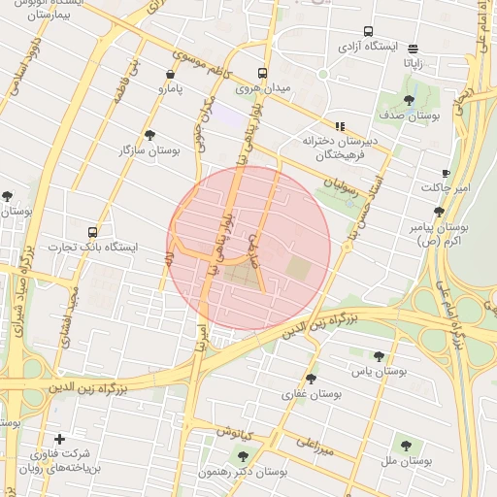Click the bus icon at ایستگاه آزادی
point(368,31)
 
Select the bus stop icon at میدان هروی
point(263,73)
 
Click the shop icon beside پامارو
point(171,73)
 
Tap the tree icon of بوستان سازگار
point(149,135)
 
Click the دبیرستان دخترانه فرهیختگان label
point(339,148)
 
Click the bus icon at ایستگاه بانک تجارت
point(92,232)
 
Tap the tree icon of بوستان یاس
point(379,356)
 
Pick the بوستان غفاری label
point(312,394)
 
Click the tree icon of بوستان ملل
point(406,446)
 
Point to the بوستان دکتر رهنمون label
point(243,471)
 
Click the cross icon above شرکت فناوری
point(60,440)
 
